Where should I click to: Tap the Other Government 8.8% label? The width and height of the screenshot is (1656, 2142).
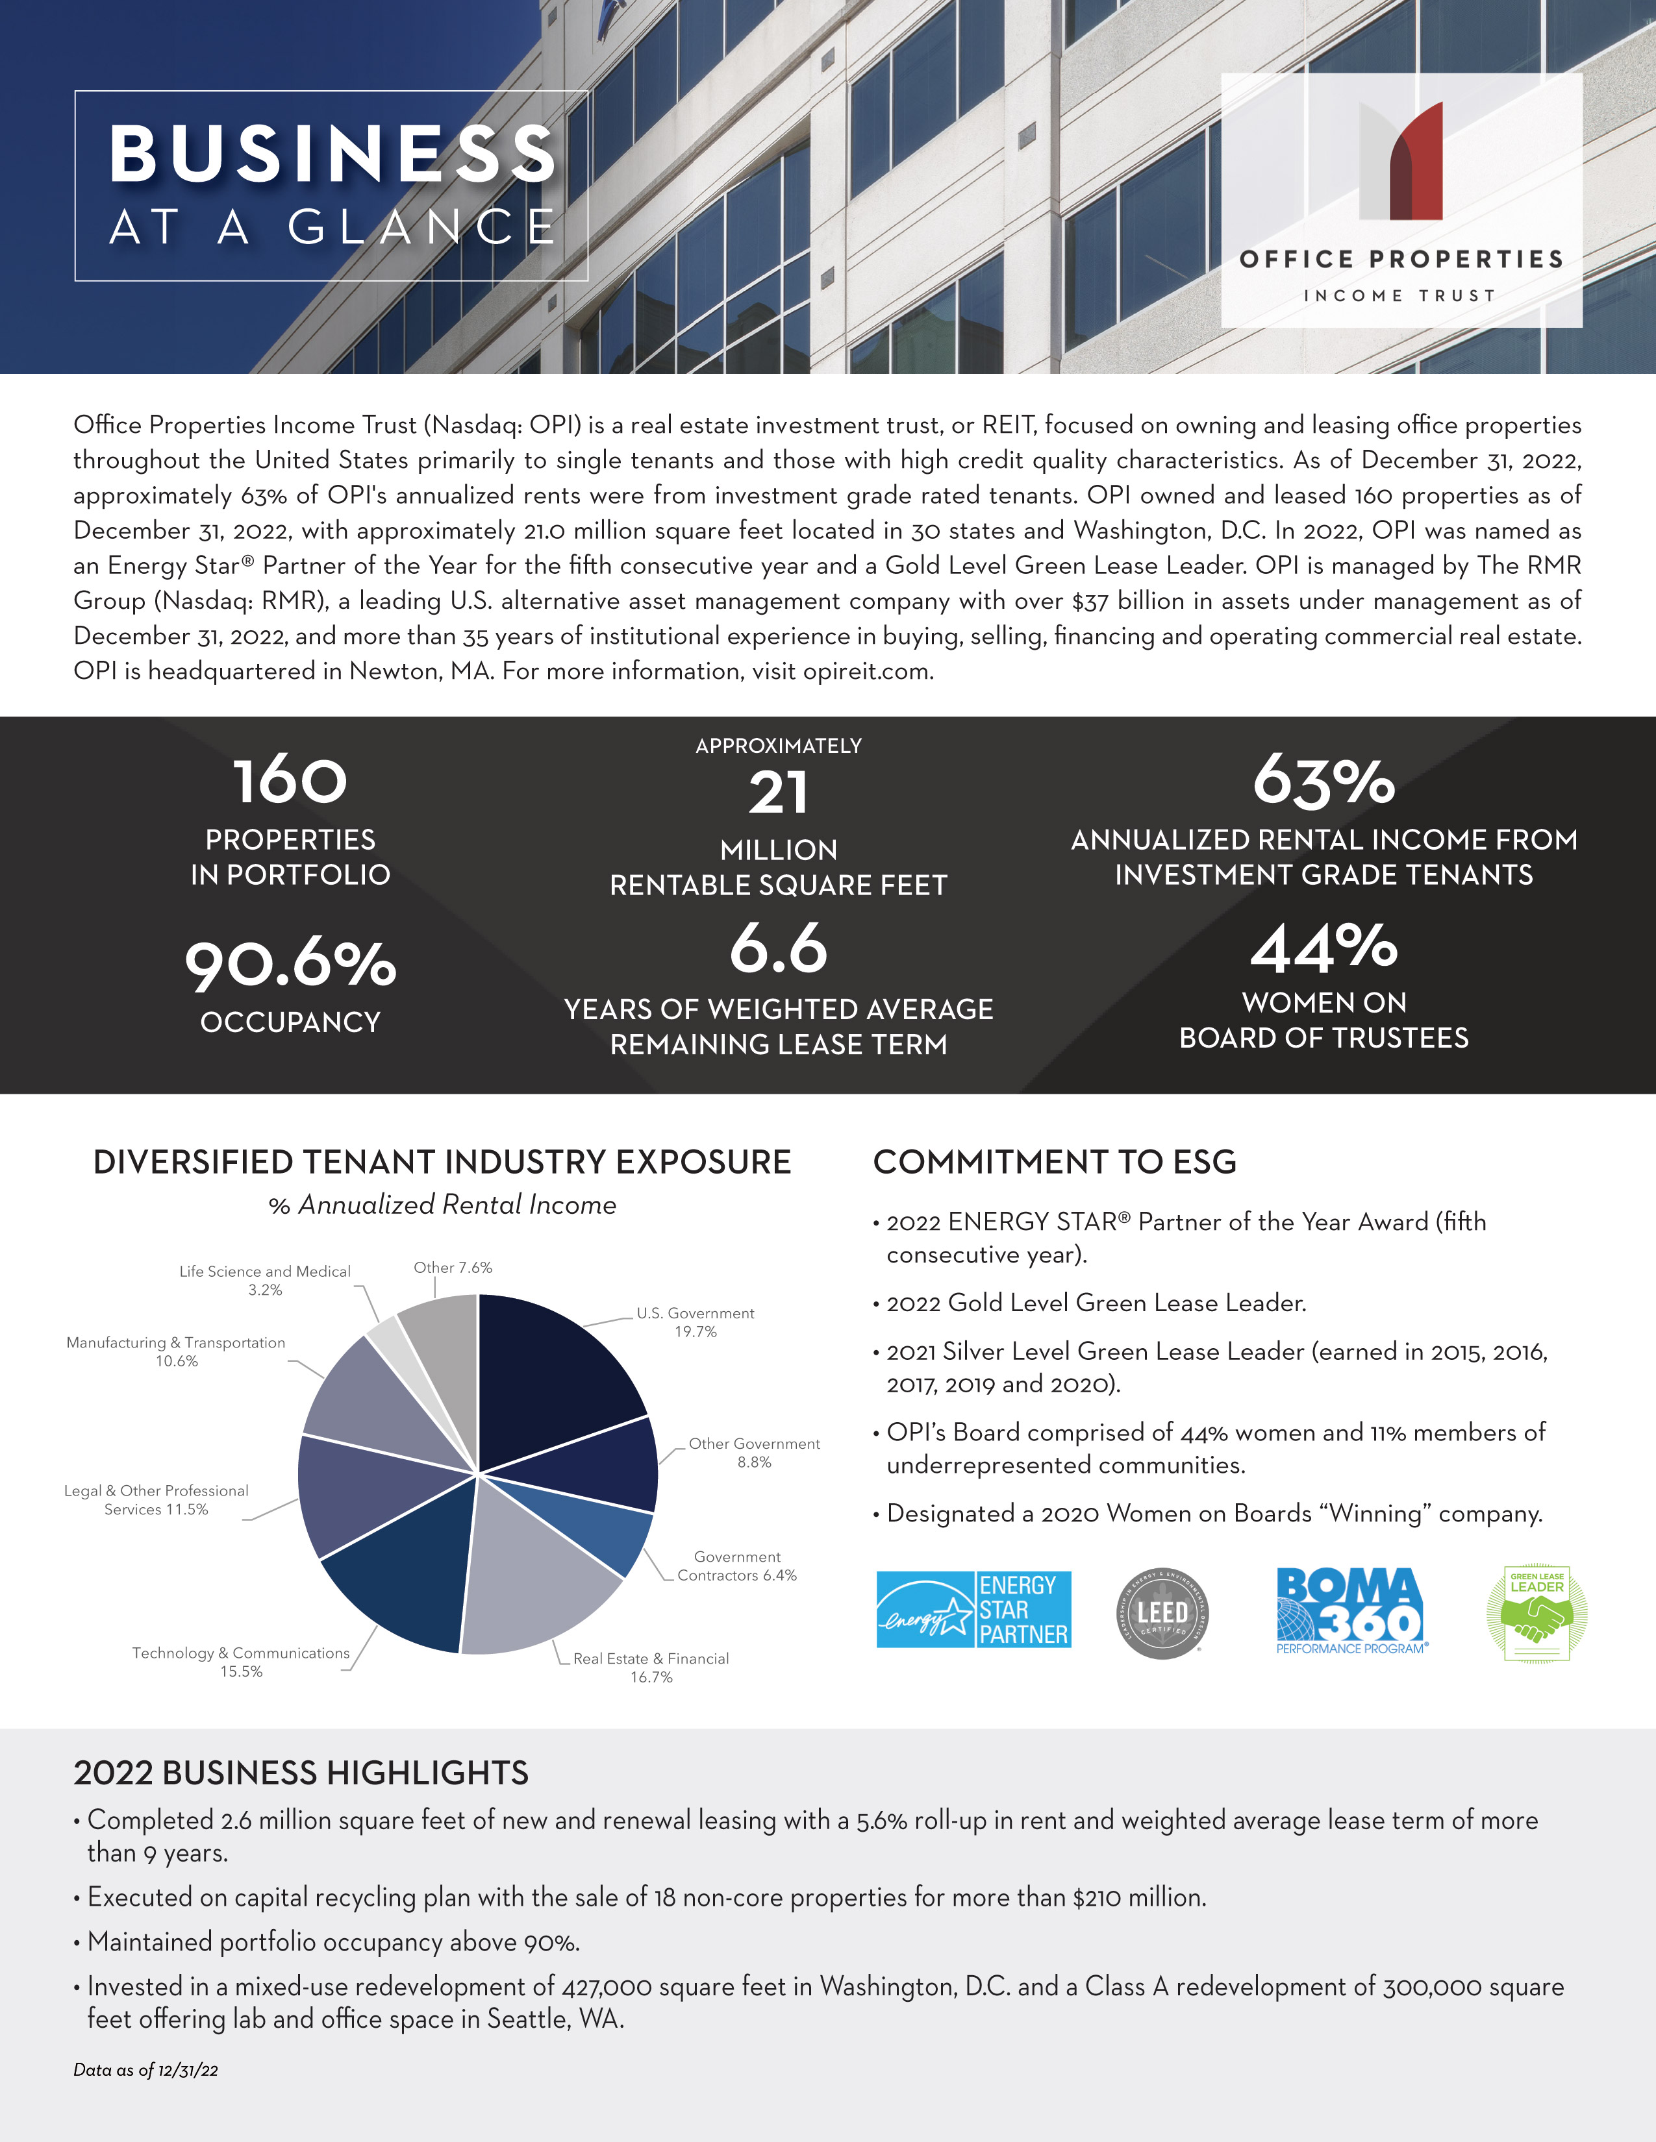753,1453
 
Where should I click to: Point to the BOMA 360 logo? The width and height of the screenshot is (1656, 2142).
1351,1610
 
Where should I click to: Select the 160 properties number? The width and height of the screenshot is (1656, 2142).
290,782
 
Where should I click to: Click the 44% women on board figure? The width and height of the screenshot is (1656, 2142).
1324,948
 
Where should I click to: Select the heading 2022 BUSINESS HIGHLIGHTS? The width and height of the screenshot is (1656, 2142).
301,1773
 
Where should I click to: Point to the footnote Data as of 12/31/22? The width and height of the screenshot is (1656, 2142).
146,2071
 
